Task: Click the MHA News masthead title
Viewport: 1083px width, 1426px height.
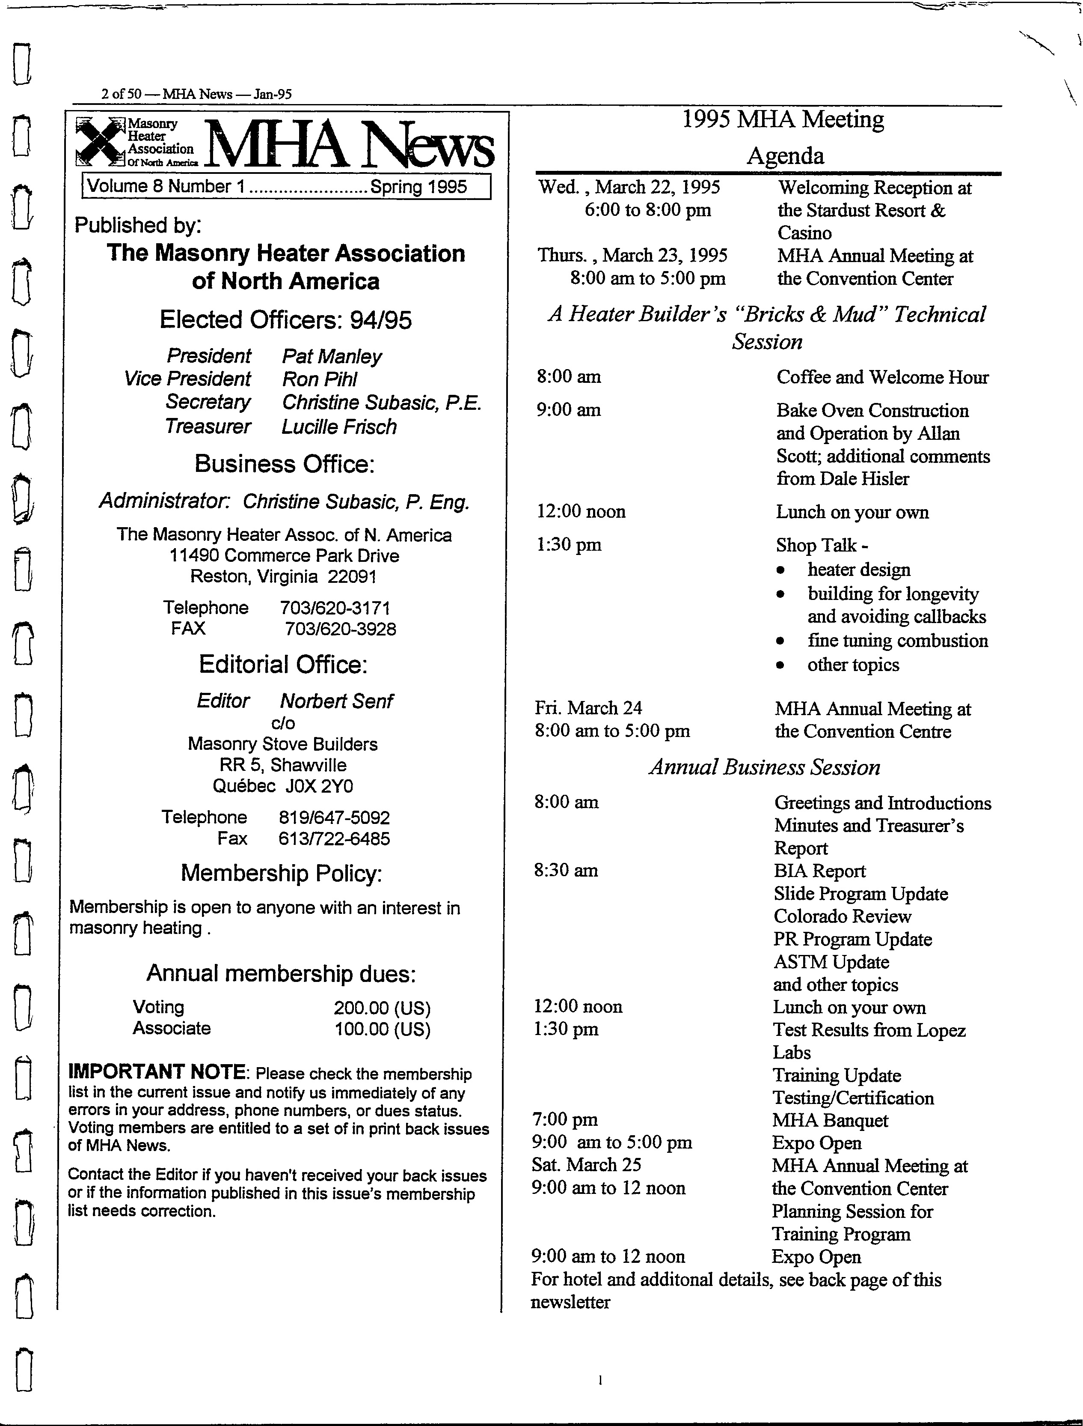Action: click(349, 144)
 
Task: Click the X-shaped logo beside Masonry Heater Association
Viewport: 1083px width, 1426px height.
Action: click(99, 140)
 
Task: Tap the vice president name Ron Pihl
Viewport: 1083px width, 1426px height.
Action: click(319, 379)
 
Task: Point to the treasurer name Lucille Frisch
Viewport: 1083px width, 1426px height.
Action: click(339, 427)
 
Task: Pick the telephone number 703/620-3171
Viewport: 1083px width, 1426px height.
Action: click(335, 608)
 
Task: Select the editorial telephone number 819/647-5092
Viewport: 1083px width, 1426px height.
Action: click(334, 818)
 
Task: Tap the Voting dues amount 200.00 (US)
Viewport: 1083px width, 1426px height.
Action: click(382, 1008)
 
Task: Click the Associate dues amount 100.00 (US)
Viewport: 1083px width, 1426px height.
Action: click(382, 1029)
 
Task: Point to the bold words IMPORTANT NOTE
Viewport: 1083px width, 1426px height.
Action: click(157, 1072)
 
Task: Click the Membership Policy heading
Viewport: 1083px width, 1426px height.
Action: click(282, 873)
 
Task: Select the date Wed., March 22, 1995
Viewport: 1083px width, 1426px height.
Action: click(629, 187)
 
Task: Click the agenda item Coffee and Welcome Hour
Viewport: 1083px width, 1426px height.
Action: click(882, 377)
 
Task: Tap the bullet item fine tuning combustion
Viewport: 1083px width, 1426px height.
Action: click(897, 641)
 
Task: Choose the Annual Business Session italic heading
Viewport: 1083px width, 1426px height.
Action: click(765, 767)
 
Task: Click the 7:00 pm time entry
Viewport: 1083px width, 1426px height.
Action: click(565, 1120)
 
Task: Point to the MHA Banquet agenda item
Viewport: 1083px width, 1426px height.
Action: click(830, 1120)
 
